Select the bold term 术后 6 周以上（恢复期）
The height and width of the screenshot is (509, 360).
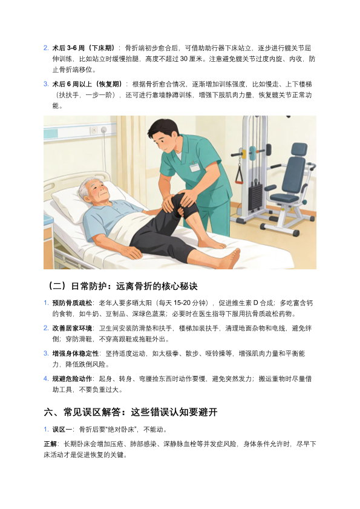point(88,84)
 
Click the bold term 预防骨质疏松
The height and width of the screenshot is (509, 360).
point(72,303)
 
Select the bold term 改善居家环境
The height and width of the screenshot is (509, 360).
point(72,328)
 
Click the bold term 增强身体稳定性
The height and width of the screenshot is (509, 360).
point(76,353)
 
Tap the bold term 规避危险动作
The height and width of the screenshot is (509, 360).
point(72,379)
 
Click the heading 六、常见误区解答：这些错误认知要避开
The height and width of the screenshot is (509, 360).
point(131,412)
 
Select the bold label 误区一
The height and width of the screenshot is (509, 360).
point(62,430)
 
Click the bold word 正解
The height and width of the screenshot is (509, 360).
point(50,444)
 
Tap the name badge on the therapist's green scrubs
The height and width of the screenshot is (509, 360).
point(194,167)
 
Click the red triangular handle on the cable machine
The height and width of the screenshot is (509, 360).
point(239,176)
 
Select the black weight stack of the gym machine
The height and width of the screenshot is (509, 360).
point(255,197)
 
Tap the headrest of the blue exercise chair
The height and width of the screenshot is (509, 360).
point(299,149)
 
